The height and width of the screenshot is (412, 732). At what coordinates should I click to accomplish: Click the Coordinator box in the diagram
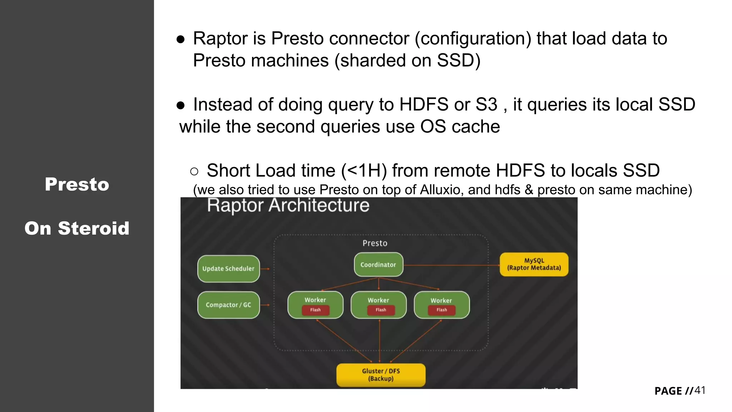click(x=378, y=265)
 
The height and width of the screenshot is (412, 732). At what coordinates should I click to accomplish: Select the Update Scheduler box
click(x=228, y=269)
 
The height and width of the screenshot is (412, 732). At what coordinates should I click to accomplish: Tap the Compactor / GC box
click(x=228, y=305)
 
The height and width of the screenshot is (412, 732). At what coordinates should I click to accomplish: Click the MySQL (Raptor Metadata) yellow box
click(x=534, y=264)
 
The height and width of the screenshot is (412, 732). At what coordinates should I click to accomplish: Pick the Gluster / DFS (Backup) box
click(x=381, y=375)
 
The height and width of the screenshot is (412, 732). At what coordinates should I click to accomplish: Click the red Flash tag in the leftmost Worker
click(x=315, y=310)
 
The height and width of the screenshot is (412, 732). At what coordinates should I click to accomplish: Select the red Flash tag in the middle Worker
click(x=381, y=310)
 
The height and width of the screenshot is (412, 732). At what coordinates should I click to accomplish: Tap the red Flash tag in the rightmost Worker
click(x=441, y=310)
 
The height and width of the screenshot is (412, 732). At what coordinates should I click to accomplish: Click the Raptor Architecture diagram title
click(x=288, y=206)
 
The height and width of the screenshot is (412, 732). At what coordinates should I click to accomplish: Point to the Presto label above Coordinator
click(x=375, y=243)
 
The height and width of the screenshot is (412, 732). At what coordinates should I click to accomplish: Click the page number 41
click(x=699, y=390)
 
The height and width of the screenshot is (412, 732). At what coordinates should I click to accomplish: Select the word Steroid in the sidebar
click(x=93, y=229)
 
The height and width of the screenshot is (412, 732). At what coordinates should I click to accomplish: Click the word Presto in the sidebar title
click(x=77, y=185)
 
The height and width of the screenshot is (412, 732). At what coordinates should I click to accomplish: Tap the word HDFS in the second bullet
click(x=424, y=105)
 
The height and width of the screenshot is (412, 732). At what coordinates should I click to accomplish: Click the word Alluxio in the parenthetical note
click(x=441, y=190)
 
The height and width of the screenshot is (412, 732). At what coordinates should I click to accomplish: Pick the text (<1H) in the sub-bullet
click(x=364, y=171)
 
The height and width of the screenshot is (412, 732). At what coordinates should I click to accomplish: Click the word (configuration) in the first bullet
click(x=473, y=39)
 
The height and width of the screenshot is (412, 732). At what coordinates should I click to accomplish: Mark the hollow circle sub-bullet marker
click(x=194, y=172)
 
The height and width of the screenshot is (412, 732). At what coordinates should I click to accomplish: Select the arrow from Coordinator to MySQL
click(x=451, y=265)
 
